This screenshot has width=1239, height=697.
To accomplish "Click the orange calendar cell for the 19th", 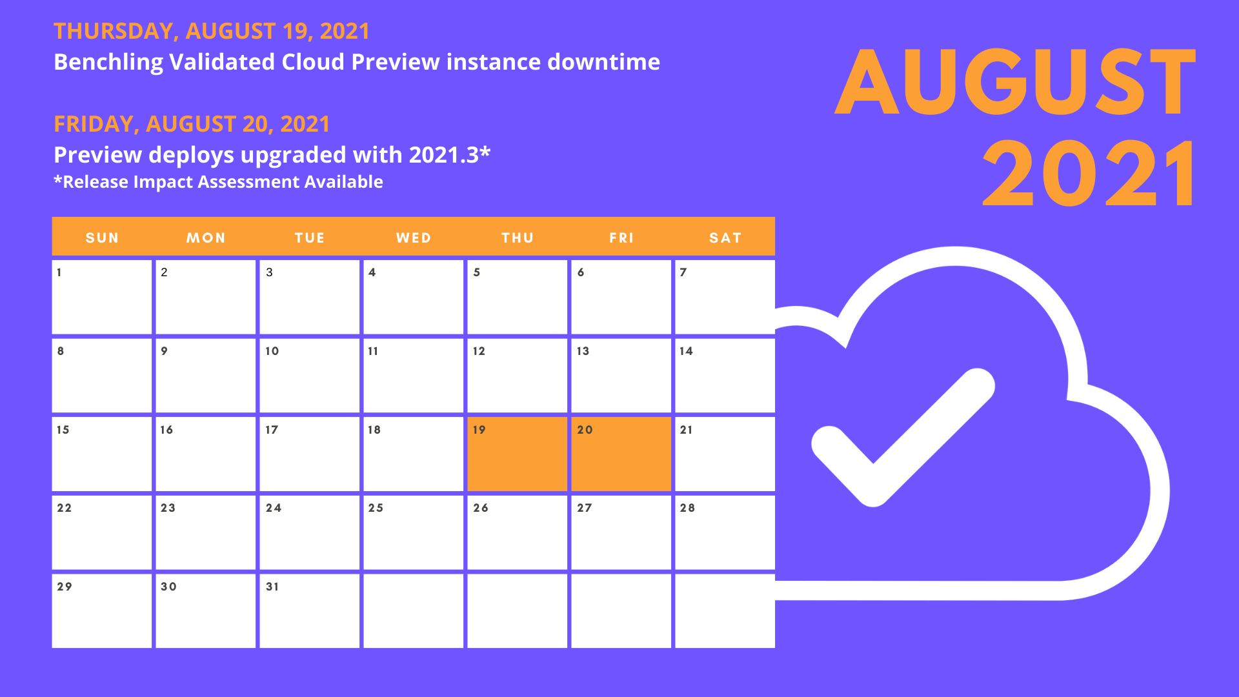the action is (517, 454).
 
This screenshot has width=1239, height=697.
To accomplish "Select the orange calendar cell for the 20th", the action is (621, 454).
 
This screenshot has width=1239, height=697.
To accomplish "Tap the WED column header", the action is (414, 237).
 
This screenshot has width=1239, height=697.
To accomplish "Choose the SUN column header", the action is (102, 237).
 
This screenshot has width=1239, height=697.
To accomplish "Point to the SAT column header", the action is (725, 237).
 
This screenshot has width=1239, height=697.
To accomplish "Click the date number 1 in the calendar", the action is (59, 272).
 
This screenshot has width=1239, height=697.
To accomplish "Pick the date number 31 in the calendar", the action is (272, 587).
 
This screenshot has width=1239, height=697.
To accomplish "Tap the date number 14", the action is (686, 351).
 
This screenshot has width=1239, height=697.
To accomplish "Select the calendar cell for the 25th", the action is (413, 532).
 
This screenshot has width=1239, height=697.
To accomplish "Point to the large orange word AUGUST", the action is (1016, 82).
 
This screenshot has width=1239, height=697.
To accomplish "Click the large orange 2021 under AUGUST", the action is (1089, 174).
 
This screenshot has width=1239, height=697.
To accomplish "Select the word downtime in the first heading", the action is (603, 62).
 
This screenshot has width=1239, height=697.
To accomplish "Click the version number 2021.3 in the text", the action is (444, 155).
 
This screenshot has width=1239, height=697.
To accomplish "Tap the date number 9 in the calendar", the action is (164, 351).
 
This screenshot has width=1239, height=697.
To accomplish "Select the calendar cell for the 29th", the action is (102, 611).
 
